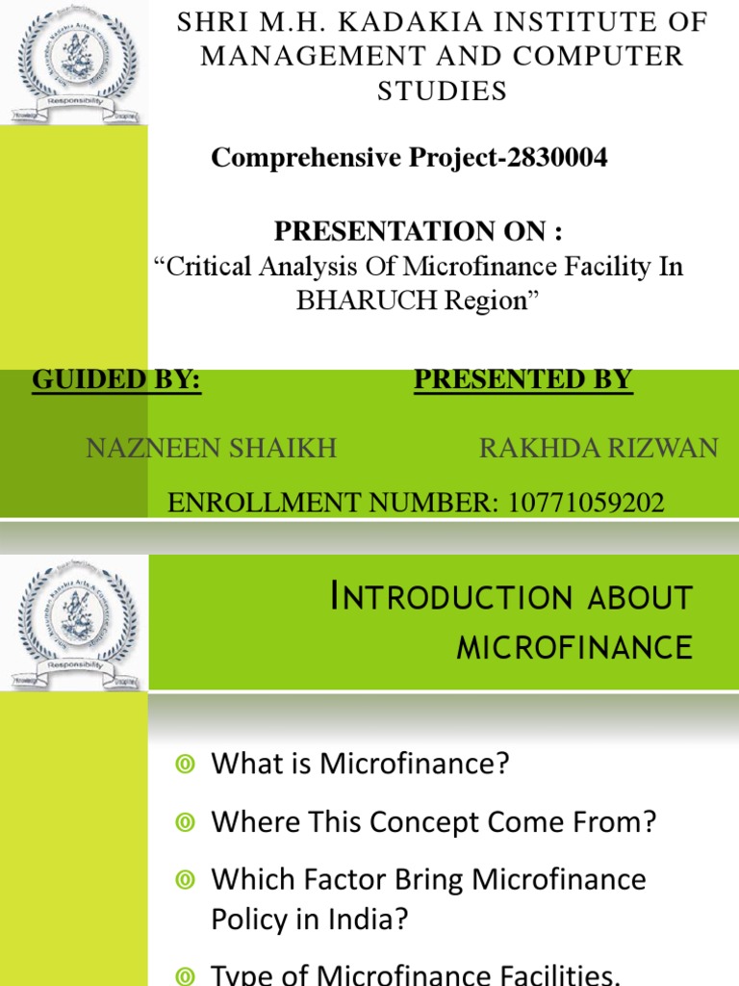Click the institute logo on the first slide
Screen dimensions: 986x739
coord(74,63)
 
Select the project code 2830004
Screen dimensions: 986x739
coord(548,159)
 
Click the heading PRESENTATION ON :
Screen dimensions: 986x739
coord(418,231)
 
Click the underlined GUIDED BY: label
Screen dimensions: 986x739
coord(116,380)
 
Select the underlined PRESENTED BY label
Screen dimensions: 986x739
coord(522,380)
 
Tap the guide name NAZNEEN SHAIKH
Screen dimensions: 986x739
coord(212,448)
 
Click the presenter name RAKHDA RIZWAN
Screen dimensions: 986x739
coord(598,448)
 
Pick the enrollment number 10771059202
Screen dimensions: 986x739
coord(577,503)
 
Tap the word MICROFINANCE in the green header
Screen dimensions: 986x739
coord(574,647)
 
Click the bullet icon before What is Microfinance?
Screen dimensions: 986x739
coord(186,765)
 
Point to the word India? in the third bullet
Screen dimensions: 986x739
coord(369,920)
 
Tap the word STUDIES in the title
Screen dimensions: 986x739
coord(442,91)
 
